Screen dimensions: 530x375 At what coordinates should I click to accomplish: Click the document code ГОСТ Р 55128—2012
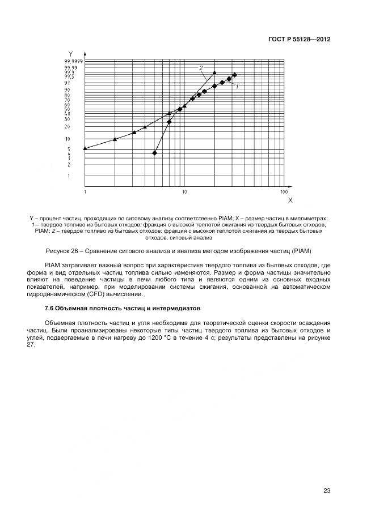[x=299, y=40]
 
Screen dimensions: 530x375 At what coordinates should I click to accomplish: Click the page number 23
[x=327, y=490]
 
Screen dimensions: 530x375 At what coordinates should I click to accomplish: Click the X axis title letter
[x=290, y=200]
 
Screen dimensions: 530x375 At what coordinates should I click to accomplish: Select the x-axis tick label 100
[x=284, y=193]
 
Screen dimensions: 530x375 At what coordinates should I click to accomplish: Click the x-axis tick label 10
[x=184, y=193]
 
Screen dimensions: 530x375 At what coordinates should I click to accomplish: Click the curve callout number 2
[x=201, y=68]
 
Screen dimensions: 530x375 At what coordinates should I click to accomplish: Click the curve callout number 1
[x=237, y=87]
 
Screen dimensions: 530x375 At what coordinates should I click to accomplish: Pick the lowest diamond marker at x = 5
[x=154, y=153]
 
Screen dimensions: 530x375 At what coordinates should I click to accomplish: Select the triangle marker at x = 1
[x=85, y=148]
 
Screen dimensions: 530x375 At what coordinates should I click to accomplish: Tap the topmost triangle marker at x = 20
[x=214, y=72]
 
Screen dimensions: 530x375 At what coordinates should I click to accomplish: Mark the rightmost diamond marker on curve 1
[x=234, y=75]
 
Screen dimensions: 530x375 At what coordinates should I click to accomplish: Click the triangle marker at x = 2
[x=115, y=139]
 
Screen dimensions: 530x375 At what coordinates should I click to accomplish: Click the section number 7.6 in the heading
[x=49, y=307]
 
